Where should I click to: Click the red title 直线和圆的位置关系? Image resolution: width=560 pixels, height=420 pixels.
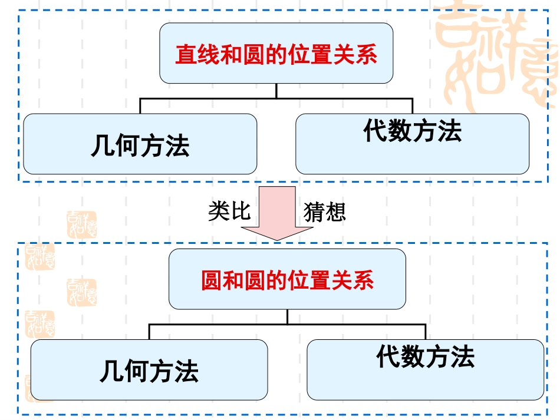(276, 55)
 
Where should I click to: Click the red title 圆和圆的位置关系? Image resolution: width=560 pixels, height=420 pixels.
(287, 280)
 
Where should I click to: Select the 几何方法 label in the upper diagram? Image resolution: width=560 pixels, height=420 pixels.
(140, 145)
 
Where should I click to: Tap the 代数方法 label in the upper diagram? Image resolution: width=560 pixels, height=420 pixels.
(412, 130)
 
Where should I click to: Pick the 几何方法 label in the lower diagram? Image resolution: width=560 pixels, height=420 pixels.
(149, 371)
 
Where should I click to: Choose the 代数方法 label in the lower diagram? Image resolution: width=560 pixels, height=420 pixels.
(425, 356)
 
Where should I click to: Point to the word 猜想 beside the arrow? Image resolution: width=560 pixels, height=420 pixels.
(324, 211)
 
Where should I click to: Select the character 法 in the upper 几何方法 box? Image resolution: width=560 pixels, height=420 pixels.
(177, 145)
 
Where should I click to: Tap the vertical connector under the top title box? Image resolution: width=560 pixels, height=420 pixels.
(276, 91)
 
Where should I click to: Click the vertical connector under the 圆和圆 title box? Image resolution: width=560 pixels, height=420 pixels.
(287, 316)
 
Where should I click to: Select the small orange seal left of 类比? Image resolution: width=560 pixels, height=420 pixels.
(82, 224)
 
